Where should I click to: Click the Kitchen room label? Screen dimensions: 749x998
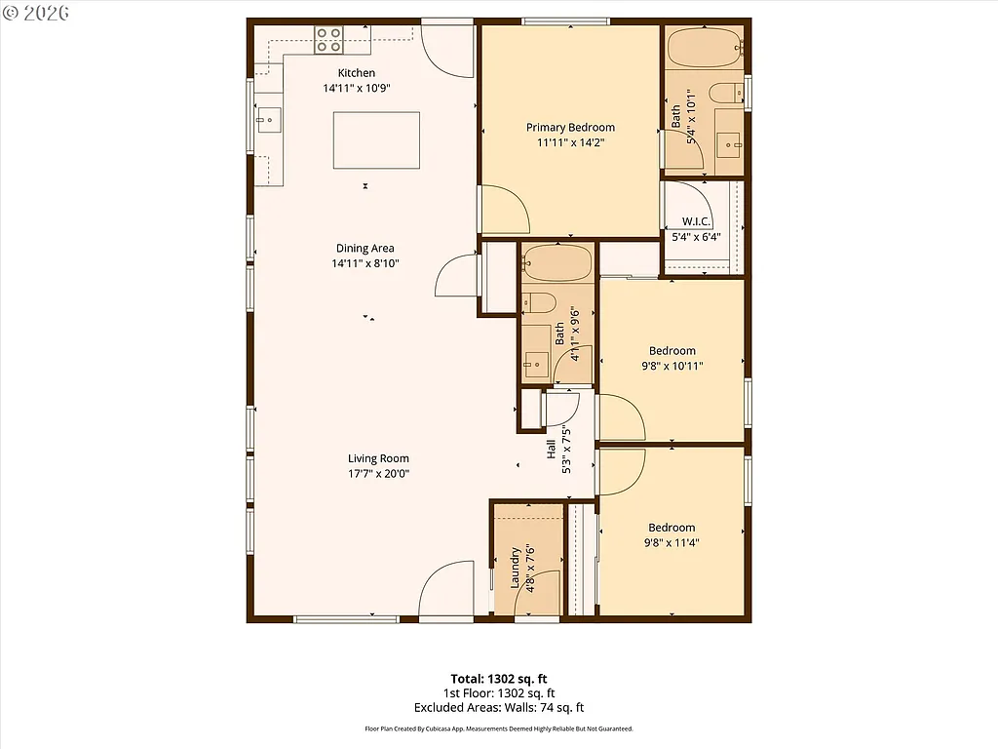(x=356, y=73)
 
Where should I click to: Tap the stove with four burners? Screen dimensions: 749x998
(x=328, y=39)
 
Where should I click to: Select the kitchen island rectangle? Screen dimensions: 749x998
(x=377, y=140)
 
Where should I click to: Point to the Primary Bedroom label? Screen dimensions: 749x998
(x=570, y=128)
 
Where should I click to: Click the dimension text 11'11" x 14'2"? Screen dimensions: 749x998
(x=570, y=142)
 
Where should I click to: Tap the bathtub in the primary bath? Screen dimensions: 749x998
(x=705, y=46)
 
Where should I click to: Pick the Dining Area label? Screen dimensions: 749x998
(x=365, y=249)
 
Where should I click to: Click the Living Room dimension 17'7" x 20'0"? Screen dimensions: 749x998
(x=379, y=473)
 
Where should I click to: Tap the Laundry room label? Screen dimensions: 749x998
(x=515, y=569)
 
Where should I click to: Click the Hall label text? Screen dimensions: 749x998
(x=552, y=450)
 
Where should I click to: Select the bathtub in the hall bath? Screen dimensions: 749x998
(x=557, y=262)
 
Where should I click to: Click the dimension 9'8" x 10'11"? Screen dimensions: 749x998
(x=672, y=366)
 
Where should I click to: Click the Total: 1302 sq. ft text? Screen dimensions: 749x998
(x=498, y=678)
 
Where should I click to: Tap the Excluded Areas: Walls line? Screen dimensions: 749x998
(x=498, y=708)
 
